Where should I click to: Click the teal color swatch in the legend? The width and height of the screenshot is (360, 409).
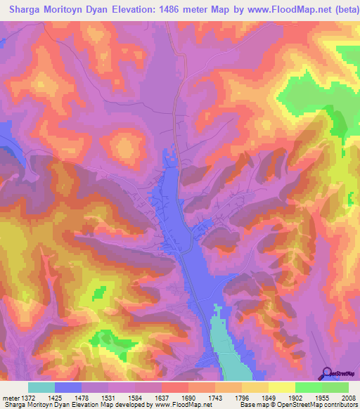[x=41, y=387]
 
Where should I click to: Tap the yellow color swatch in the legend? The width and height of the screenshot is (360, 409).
[x=281, y=387]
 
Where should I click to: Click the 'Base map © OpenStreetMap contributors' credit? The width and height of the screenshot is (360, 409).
[x=297, y=405]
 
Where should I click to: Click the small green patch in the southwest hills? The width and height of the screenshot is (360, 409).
[x=99, y=292]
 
